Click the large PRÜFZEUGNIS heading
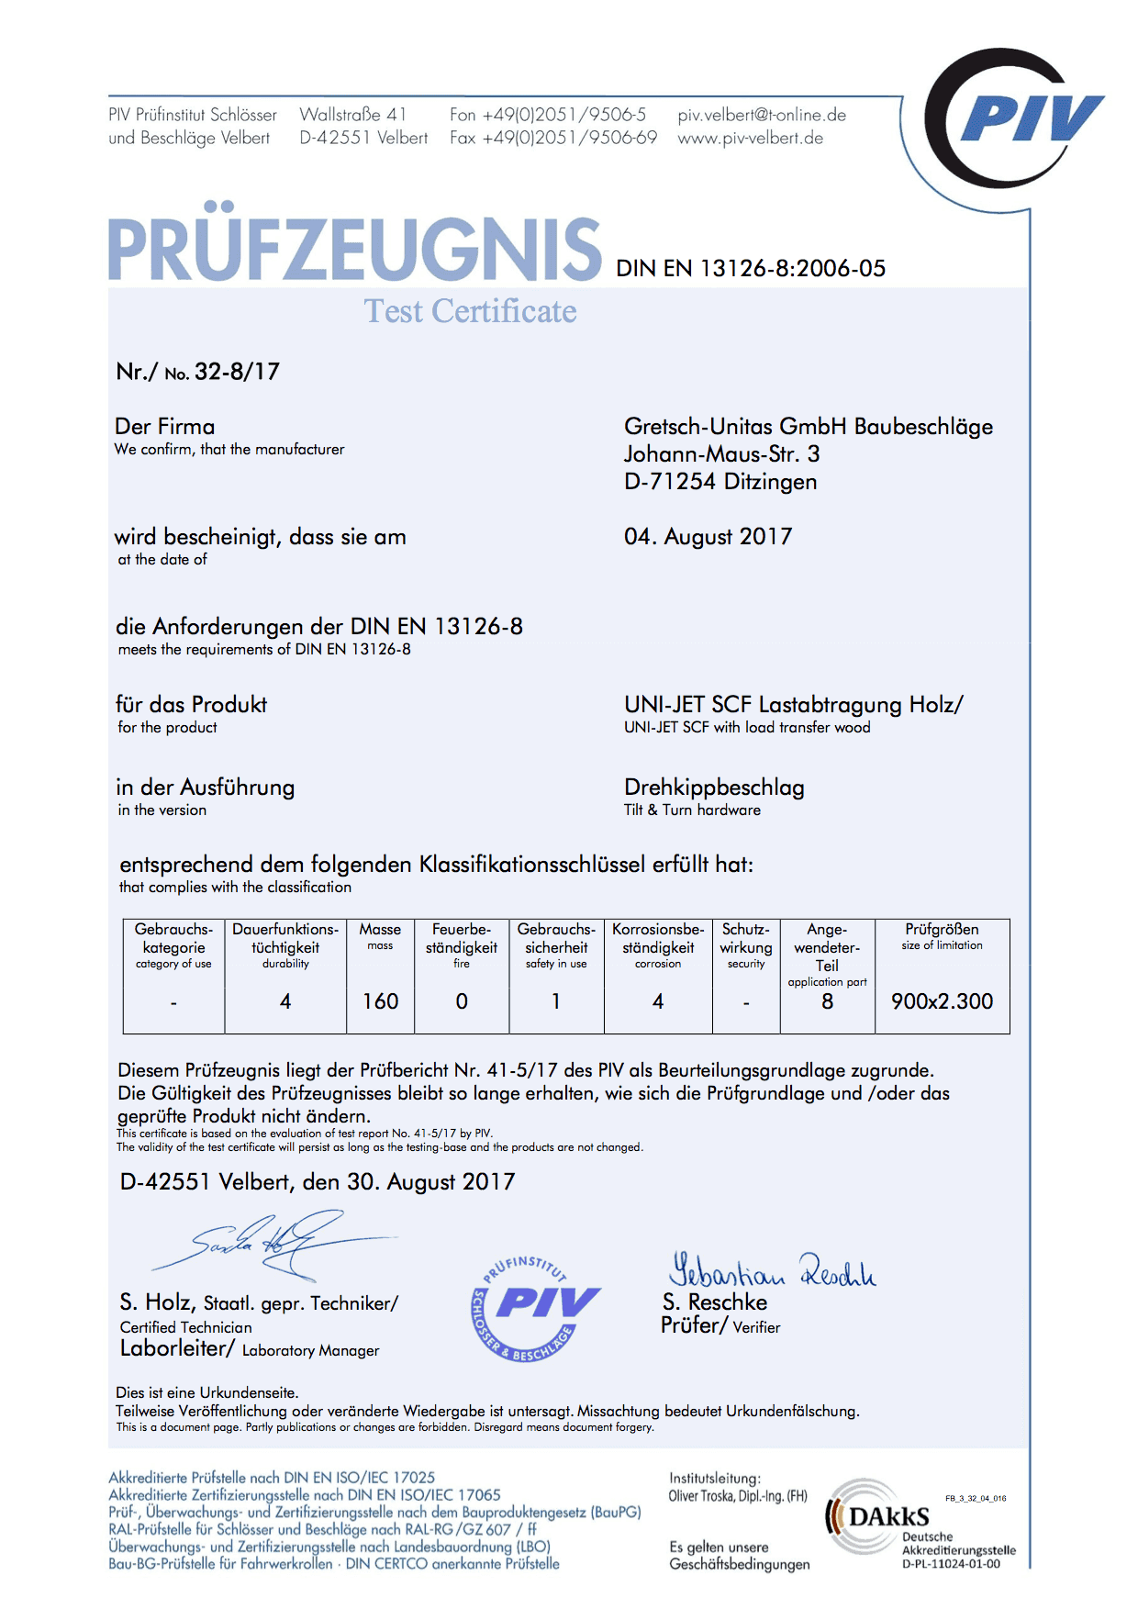point(355,249)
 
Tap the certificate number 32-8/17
point(237,372)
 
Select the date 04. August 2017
point(708,537)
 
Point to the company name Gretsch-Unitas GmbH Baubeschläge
point(808,427)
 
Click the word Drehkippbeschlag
point(714,788)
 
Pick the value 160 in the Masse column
point(380,1001)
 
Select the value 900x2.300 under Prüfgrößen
point(942,1001)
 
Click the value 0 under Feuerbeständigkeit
point(462,1001)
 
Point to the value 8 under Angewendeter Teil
point(827,1001)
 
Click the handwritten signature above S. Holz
point(275,1244)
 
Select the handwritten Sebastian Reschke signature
point(771,1270)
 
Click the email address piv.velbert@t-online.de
point(762,116)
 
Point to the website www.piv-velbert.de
point(750,139)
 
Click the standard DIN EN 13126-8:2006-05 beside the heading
point(751,269)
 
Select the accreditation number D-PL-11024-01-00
point(951,1564)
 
